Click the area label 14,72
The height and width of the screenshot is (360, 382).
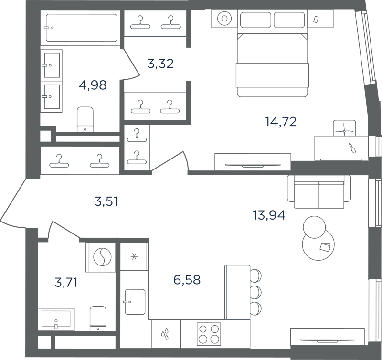pos(281,122)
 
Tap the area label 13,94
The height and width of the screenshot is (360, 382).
pos(269,215)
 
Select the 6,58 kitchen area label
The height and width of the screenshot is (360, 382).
pos(187,280)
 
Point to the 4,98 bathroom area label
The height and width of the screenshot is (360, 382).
pos(93,85)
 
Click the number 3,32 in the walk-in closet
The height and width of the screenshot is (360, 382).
pos(160,64)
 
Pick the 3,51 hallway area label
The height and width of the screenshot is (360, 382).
pos(106,201)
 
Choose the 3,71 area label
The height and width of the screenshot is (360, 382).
pos(66,283)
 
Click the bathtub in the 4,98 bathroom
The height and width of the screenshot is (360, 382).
pos(82,28)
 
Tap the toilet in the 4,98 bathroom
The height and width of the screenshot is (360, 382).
pos(85,119)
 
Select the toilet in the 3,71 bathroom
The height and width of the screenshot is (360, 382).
pos(98,318)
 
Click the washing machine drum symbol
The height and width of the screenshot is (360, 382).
pos(103,257)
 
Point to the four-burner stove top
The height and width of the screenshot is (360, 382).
pos(209,334)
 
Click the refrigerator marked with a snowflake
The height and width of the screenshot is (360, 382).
pos(134,256)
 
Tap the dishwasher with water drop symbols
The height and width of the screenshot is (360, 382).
pos(166,334)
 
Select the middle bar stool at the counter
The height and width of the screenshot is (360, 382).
pos(255,292)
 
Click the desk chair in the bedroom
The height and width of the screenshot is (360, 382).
pos(344,128)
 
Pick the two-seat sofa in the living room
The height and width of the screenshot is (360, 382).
pos(319,192)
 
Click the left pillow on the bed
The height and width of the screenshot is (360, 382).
pos(255,20)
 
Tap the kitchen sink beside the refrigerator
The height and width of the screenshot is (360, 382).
pos(135,302)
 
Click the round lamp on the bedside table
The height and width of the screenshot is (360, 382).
pos(224,19)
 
